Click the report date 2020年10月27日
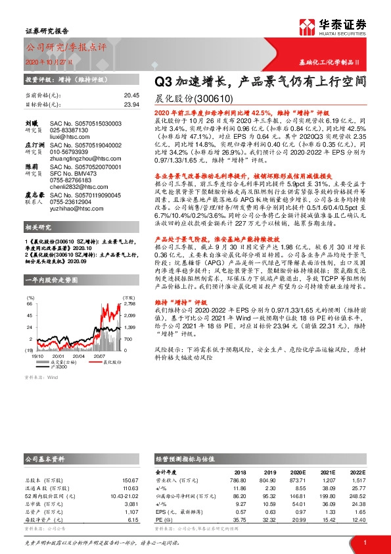click(x=49, y=61)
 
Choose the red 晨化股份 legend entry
click(x=107, y=362)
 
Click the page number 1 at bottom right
click(x=364, y=543)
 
